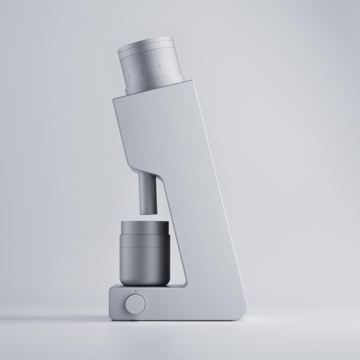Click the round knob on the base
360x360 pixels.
(135, 303)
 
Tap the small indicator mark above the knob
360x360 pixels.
(135, 292)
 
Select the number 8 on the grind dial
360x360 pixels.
(143, 73)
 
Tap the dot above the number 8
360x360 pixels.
(142, 70)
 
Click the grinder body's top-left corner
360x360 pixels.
(115, 99)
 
